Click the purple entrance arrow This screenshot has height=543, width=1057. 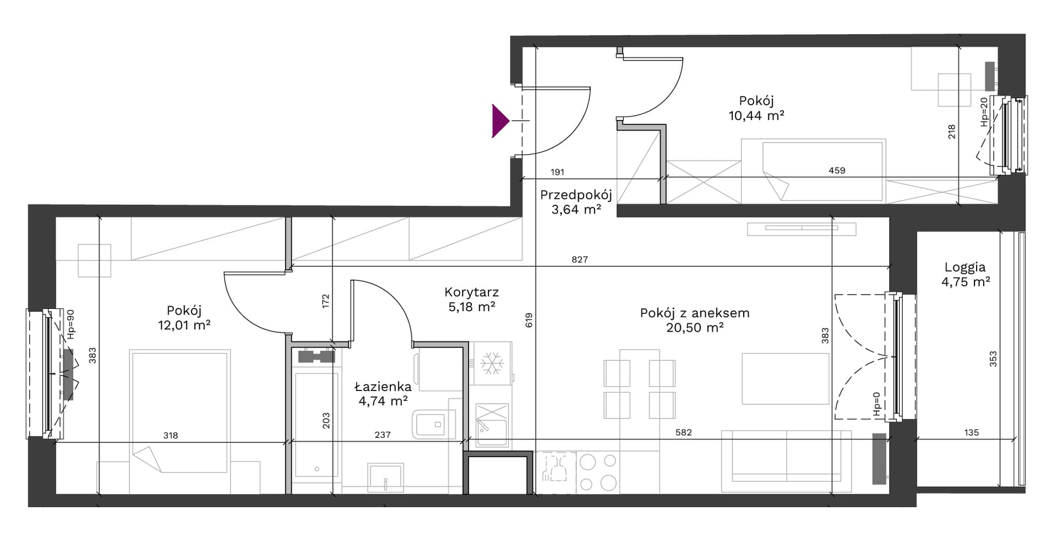[500, 121]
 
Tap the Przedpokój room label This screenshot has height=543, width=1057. [576, 195]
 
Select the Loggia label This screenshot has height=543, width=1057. [965, 268]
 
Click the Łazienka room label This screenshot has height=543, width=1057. [383, 387]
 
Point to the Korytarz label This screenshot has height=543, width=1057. [471, 292]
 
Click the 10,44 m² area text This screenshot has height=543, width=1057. [756, 116]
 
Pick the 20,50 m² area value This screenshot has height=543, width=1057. [694, 328]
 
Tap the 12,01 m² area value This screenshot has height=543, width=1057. [184, 325]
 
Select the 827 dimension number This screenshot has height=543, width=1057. [580, 259]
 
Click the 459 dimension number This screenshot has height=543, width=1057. [837, 171]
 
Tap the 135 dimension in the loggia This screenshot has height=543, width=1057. [972, 433]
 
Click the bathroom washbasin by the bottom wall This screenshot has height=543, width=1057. [385, 477]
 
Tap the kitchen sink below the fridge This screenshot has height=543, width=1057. [492, 425]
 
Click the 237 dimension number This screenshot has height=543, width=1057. [383, 435]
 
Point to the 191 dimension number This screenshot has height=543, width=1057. [557, 172]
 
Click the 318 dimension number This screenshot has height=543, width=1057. [171, 436]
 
